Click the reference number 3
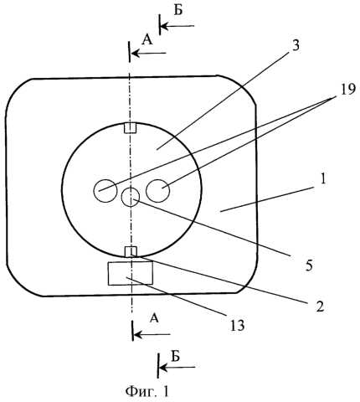tap(296, 45)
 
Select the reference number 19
tap(347, 90)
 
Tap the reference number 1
tap(323, 179)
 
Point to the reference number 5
tap(309, 265)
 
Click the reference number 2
tap(320, 307)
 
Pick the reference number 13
tap(237, 326)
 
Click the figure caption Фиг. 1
tap(147, 391)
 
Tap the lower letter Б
tap(175, 356)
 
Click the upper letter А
tap(147, 40)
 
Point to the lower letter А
tap(154, 318)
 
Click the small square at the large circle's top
tap(130, 128)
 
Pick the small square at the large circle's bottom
tap(131, 251)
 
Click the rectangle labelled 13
tap(131, 273)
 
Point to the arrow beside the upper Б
tap(177, 26)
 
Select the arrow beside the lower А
tap(152, 334)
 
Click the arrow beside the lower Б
tap(177, 368)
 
